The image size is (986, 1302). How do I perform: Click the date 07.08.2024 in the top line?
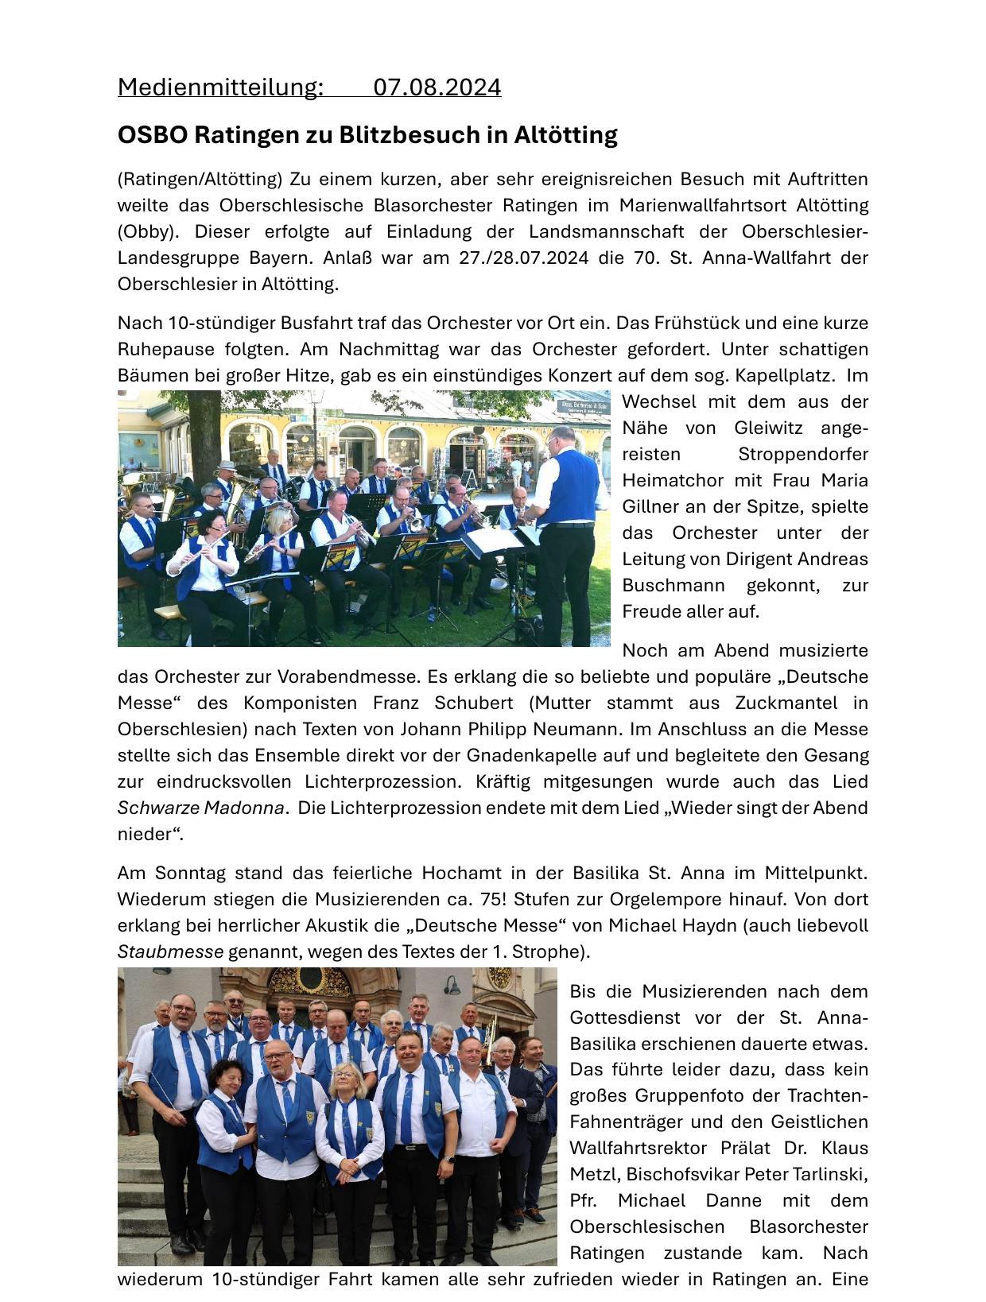point(437,87)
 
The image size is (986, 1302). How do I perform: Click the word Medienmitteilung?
point(220,87)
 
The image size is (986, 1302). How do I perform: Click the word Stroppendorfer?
point(802,454)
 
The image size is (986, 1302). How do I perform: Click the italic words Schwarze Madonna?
point(200,808)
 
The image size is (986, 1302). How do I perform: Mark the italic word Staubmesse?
point(170,951)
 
